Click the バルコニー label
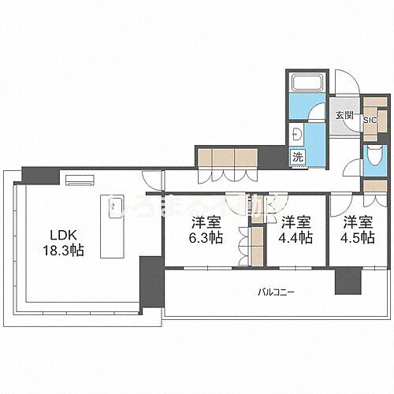(276, 292)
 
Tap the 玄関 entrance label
(344, 117)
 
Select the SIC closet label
(370, 120)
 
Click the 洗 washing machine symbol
(298, 156)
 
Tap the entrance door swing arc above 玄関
(344, 83)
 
